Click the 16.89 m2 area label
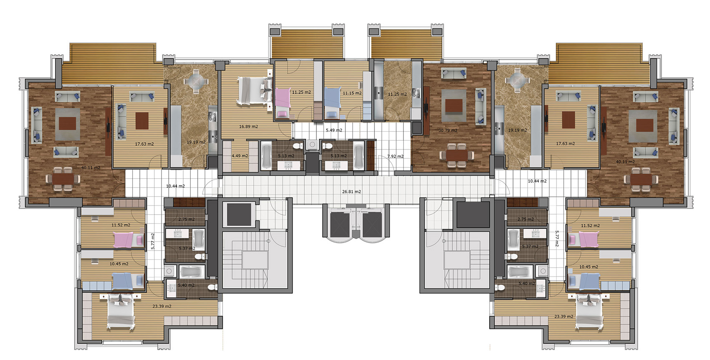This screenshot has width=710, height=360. coord(248,127)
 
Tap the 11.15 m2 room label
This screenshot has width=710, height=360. coord(352,93)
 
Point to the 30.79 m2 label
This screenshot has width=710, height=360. coord(448,130)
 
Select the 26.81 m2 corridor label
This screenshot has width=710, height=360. coord(351,192)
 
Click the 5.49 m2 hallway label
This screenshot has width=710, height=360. coord(334,130)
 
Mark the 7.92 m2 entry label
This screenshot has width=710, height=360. coord(396,156)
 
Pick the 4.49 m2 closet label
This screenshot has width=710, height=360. coord(240,156)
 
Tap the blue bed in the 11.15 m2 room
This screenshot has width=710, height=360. coord(333,103)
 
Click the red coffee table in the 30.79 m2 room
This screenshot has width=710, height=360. coord(454,106)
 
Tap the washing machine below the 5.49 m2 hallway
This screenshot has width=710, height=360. coord(313,145)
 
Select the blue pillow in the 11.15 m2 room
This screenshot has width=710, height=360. coord(332,114)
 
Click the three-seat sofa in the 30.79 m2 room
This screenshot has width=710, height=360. coord(480,106)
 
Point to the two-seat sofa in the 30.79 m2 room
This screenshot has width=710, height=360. coord(454,74)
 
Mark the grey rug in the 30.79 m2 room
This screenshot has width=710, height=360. coord(454,106)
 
